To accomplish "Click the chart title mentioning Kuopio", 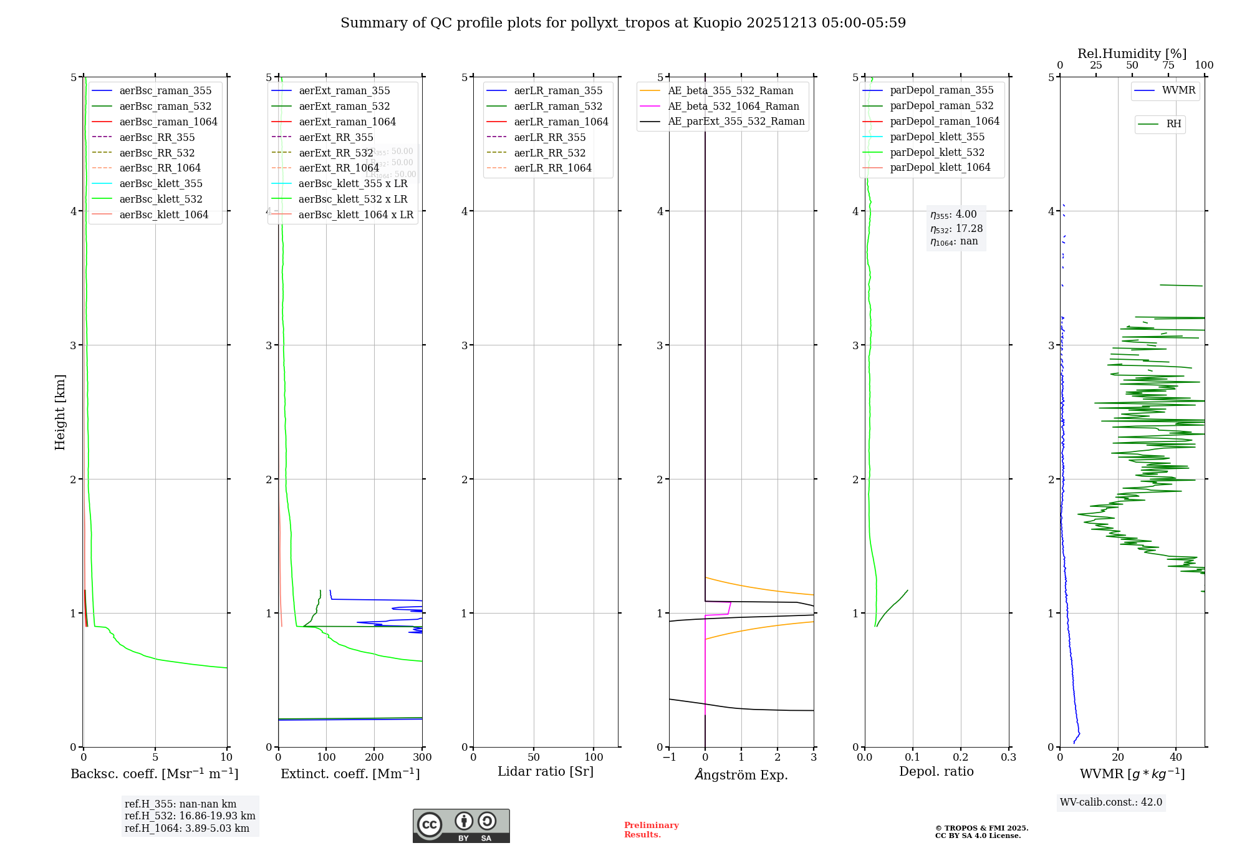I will point(623,23).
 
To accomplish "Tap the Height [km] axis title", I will point(60,412).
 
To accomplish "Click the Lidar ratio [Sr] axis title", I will point(546,771).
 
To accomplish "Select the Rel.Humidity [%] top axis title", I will point(1132,54).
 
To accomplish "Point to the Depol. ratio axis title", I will point(936,771).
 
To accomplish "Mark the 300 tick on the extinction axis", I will point(422,757).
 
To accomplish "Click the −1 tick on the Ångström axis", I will point(669,757).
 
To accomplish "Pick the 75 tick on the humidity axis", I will point(1168,65).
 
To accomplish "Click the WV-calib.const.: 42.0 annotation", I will point(1111,802).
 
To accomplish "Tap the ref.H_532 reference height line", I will point(190,816).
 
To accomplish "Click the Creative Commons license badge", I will point(461,826).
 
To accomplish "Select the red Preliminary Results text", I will point(651,829).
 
